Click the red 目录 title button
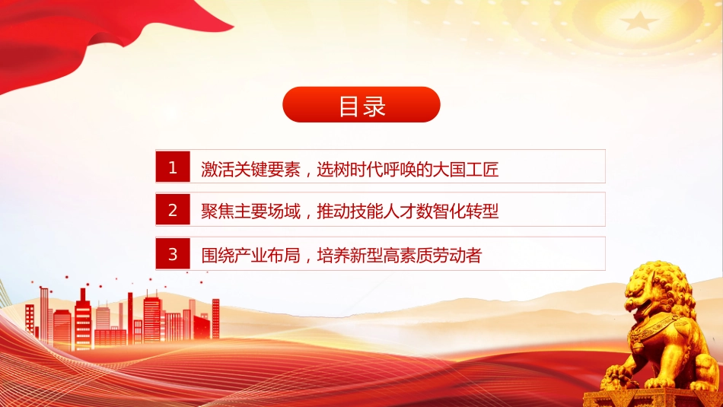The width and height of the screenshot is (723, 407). [361, 105]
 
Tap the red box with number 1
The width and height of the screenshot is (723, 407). [173, 167]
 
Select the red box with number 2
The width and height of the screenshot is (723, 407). [173, 209]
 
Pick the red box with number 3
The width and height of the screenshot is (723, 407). [173, 253]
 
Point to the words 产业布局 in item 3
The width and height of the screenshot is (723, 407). [267, 255]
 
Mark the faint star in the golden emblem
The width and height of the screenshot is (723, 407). [639, 20]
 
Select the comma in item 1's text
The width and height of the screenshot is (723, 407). [309, 173]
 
